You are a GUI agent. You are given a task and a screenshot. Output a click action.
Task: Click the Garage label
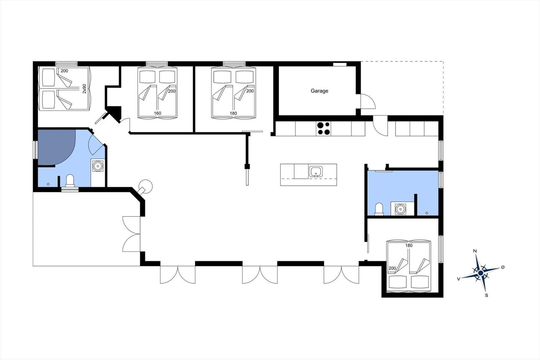coord(319,91)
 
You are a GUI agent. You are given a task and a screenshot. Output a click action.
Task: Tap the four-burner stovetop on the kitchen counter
coord(324,129)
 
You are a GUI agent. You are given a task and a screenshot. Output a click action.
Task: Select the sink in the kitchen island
coord(316,172)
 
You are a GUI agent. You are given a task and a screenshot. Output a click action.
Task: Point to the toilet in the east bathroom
coord(379,209)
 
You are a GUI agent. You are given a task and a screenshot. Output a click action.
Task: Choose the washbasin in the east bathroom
coord(400,209)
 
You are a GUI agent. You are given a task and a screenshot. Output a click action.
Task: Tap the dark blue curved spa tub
coord(56,147)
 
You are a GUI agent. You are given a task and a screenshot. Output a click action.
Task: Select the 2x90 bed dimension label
coord(84,88)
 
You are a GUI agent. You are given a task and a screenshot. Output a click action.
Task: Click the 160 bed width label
coord(157,113)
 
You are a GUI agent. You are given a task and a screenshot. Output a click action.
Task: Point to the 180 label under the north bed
coord(233,113)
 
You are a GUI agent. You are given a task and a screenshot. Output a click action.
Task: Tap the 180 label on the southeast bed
coord(409,246)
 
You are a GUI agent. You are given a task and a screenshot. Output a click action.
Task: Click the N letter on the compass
coord(475,251)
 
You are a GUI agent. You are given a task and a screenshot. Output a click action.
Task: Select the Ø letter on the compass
coord(503,267)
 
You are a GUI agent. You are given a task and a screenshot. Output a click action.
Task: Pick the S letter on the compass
coord(486,295)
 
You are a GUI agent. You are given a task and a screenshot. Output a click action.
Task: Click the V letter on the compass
coord(459,279)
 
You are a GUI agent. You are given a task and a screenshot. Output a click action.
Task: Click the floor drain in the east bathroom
coord(427,213)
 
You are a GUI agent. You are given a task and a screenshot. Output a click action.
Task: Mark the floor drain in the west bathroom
coord(48,184)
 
